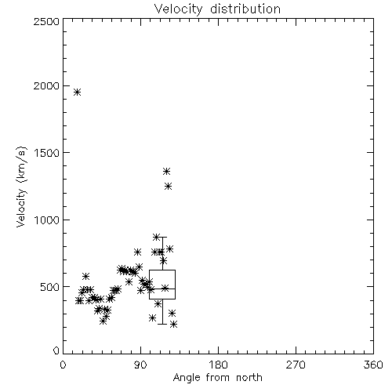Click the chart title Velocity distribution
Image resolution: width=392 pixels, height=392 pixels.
(217, 9)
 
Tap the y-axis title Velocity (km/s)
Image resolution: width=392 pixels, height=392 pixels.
(22, 187)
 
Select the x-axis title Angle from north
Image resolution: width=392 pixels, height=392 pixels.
(217, 377)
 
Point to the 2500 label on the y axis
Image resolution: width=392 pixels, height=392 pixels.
(46, 21)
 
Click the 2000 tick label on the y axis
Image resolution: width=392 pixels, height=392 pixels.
(46, 85)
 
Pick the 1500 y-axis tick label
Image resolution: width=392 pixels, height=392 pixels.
(47, 153)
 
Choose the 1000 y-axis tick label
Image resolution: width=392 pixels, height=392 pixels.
(47, 220)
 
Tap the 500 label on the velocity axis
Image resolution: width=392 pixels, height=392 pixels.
(50, 287)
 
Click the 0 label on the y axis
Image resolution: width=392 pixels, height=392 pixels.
(56, 350)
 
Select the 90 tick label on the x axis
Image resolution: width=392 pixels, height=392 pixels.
(140, 365)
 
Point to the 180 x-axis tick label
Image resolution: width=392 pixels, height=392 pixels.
(218, 365)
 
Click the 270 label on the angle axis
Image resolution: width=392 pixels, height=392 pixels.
(296, 365)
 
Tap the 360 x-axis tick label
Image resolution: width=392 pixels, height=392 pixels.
(373, 365)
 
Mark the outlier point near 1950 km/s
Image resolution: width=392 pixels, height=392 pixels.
(77, 92)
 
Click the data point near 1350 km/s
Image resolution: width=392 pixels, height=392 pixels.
(166, 172)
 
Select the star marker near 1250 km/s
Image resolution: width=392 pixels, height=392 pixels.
(169, 187)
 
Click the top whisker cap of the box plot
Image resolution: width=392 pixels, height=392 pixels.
(162, 237)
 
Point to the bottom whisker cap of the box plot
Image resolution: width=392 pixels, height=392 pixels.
(162, 324)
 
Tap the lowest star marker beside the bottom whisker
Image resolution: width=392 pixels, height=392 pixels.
(174, 325)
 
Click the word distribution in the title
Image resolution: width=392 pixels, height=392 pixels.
(245, 9)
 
